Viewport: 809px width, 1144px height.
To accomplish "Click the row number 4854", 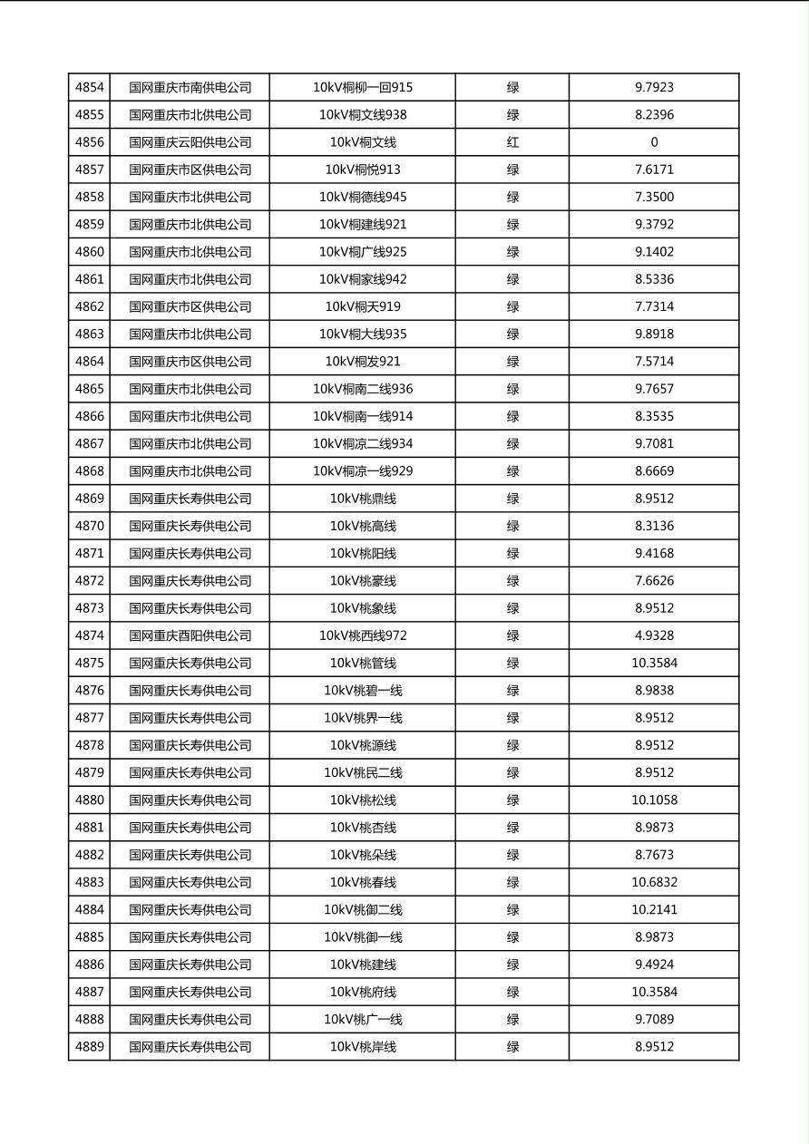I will point(89,88).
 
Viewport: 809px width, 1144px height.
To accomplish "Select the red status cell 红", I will point(512,142).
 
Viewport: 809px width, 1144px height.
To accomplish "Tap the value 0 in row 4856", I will point(654,142).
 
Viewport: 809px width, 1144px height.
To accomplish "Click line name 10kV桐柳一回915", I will point(363,88).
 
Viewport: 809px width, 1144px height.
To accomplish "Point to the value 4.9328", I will point(654,635).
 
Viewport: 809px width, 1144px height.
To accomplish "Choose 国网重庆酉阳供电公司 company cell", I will point(190,635).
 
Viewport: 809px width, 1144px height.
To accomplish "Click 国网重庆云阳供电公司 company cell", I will point(190,142).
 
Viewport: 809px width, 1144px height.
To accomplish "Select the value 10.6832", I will point(654,882).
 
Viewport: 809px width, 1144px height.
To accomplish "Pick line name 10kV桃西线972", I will point(363,635).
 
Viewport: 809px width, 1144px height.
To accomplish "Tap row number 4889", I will point(89,1047).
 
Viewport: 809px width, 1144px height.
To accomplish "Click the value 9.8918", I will point(654,334).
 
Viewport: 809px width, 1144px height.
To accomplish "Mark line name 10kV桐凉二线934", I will point(363,444).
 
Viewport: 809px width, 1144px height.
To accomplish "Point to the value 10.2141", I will point(654,910).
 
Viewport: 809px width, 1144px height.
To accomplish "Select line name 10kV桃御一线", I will point(363,937).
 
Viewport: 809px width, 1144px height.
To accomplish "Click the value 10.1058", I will point(654,800).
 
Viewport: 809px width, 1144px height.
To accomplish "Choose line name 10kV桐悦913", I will point(363,170).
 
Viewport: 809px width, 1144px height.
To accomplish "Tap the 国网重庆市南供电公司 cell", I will point(190,88).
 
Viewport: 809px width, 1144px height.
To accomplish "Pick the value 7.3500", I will point(654,197).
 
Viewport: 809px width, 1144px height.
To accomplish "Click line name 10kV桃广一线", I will point(363,1020).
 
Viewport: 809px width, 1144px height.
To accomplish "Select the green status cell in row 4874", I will point(512,635).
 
